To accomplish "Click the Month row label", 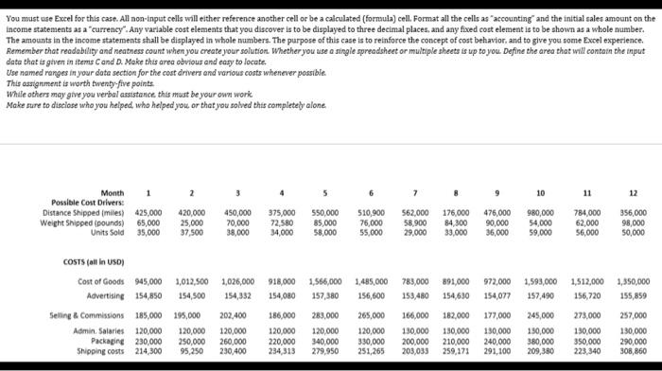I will (x=111, y=192).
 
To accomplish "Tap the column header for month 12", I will (x=630, y=192).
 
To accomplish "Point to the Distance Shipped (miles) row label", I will (x=82, y=212).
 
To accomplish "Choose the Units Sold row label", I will (x=107, y=231).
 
